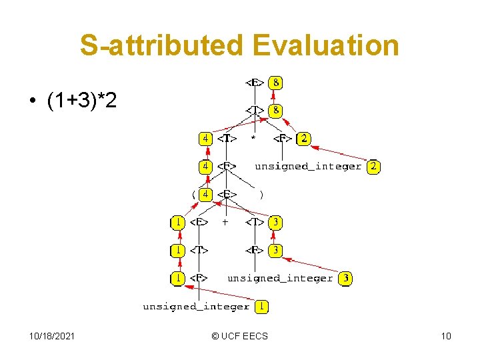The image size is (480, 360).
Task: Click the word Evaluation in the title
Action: (325, 46)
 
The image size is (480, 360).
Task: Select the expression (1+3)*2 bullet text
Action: (81, 102)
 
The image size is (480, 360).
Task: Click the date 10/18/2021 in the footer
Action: (52, 336)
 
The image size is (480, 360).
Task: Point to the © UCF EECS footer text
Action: (239, 336)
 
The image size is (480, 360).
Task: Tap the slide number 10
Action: (446, 336)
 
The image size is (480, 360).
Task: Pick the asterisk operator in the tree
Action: (253, 139)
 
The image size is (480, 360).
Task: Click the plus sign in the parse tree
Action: (225, 222)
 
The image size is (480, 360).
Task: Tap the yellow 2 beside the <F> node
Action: (304, 139)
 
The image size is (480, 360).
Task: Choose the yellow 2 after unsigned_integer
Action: (373, 167)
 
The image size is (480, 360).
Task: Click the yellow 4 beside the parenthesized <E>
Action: (207, 195)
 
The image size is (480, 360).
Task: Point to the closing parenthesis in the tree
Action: (261, 195)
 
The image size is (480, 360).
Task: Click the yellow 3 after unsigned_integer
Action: (345, 278)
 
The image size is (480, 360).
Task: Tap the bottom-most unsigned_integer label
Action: (196, 307)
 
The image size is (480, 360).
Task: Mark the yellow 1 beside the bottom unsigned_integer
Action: (263, 307)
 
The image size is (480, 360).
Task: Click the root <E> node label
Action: (255, 83)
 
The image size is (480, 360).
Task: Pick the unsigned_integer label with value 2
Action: (308, 167)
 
